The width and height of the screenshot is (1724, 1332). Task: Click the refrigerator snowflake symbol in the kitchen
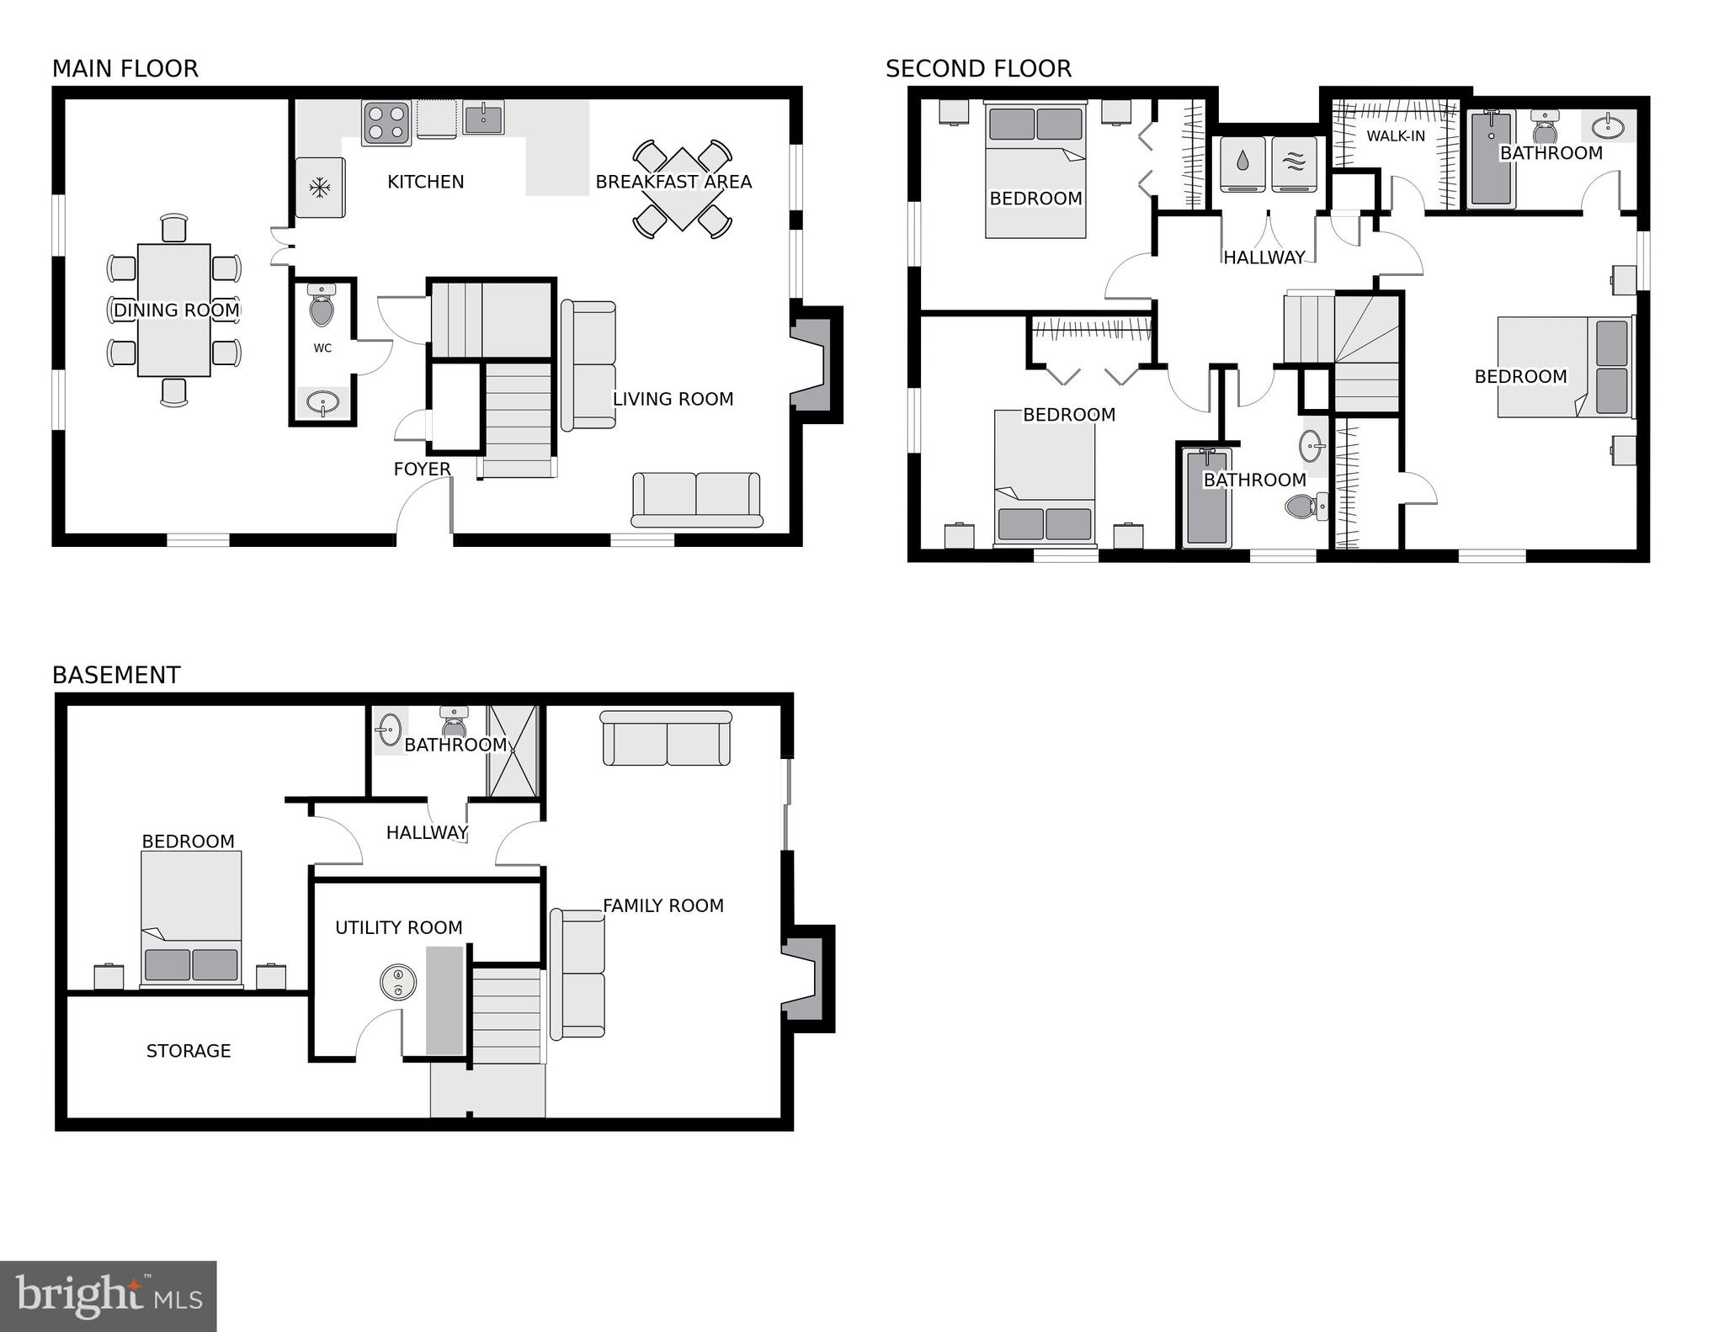pos(320,188)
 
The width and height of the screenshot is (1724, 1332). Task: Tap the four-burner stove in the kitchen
pos(386,123)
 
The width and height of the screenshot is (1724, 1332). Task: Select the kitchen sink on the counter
pos(483,119)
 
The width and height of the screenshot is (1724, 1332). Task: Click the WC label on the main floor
pos(322,348)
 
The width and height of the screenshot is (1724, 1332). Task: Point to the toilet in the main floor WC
pos(322,306)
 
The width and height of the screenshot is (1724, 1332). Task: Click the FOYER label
pos(422,469)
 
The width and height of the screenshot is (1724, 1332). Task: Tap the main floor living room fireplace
pos(814,365)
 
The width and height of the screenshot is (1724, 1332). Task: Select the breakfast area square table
pos(682,189)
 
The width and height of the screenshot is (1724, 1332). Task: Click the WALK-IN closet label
pos(1396,136)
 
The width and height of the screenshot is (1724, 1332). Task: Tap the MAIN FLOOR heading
pos(125,69)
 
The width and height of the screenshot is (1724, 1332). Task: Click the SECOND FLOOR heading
pos(978,69)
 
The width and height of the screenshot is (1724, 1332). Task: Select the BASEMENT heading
pos(116,675)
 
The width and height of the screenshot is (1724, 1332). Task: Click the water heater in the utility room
pos(398,982)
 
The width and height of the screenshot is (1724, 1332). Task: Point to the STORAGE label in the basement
pos(189,1051)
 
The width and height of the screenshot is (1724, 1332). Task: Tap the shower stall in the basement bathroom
pos(513,751)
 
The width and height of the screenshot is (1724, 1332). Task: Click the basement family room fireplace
pos(806,979)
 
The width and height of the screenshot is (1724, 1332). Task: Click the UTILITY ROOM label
pos(399,927)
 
